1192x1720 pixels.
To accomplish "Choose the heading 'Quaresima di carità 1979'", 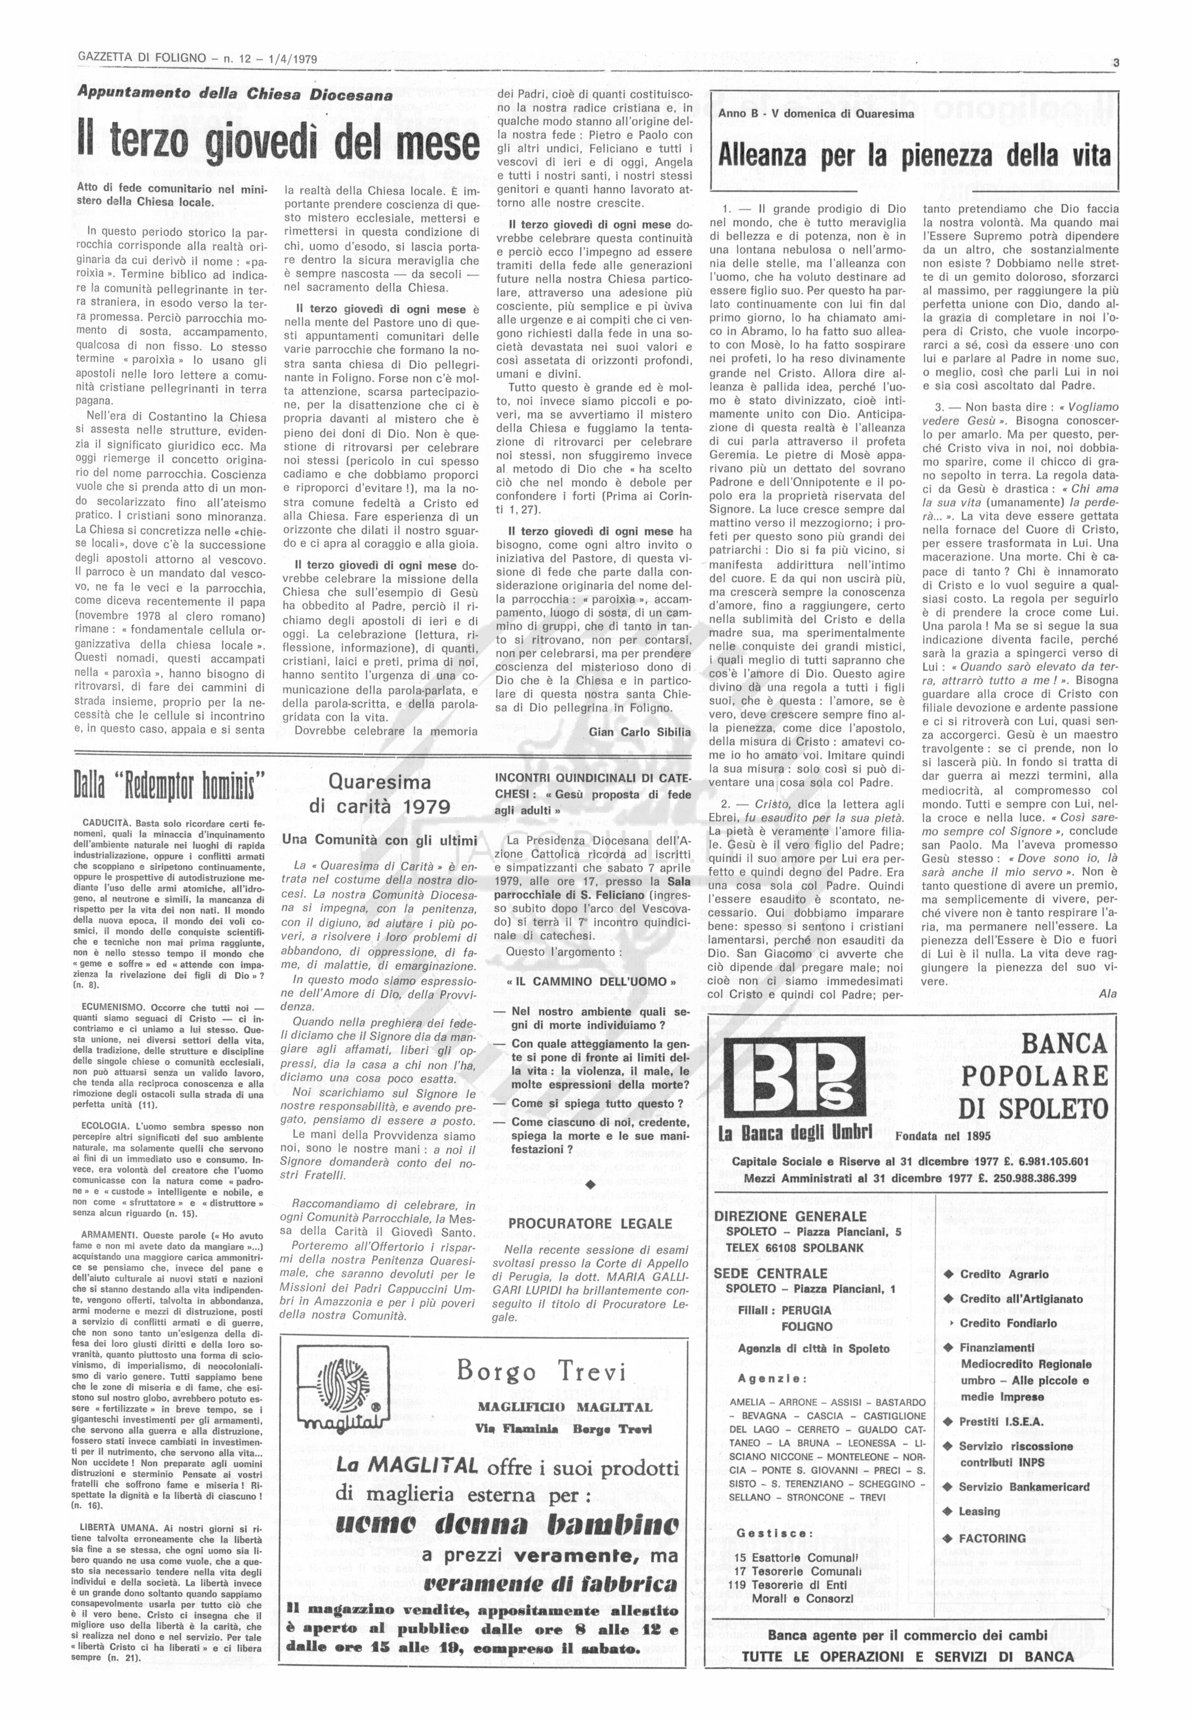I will click(380, 794).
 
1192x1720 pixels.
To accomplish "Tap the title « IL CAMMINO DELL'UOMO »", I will click(590, 981).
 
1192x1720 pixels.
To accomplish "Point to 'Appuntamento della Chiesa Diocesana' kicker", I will click(236, 95).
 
